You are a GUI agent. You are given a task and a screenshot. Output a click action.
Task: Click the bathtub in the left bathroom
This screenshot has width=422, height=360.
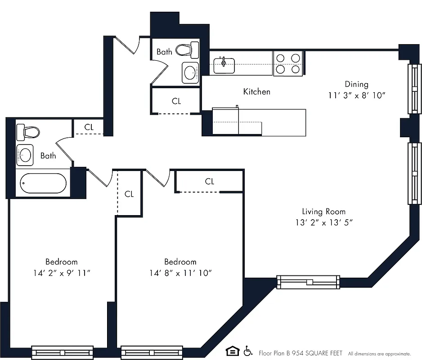(x=44, y=184)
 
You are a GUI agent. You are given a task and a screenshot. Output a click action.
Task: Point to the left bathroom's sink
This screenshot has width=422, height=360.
(x=24, y=156)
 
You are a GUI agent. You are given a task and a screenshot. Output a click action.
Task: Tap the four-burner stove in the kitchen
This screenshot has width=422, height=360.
(x=287, y=63)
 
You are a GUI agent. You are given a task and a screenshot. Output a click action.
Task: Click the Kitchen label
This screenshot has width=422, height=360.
(x=256, y=92)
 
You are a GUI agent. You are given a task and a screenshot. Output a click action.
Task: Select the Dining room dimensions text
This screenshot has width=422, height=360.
(x=357, y=96)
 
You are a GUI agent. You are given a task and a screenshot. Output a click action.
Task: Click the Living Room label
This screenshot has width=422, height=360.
(x=323, y=211)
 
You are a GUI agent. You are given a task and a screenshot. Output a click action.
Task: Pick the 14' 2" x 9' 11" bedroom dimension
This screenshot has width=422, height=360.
(x=62, y=273)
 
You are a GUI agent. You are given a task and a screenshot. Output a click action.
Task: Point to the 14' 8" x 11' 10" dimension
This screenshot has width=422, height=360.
(x=180, y=273)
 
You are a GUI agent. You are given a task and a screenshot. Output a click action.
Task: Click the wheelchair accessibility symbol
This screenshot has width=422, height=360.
(x=247, y=351)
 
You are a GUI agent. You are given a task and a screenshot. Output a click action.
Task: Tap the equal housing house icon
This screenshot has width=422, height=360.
(x=232, y=351)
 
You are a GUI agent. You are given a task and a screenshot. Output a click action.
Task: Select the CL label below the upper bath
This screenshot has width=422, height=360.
(x=176, y=101)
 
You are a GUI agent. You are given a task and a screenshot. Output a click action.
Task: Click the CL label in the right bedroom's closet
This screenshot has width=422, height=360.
(x=209, y=181)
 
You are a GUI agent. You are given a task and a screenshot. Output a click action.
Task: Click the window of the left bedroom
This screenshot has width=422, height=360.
(x=62, y=352)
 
